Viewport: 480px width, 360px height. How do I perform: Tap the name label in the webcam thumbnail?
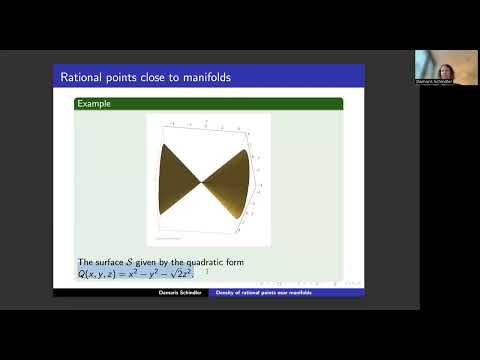coord(437,82)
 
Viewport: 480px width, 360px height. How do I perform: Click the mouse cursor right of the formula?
coord(207,272)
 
